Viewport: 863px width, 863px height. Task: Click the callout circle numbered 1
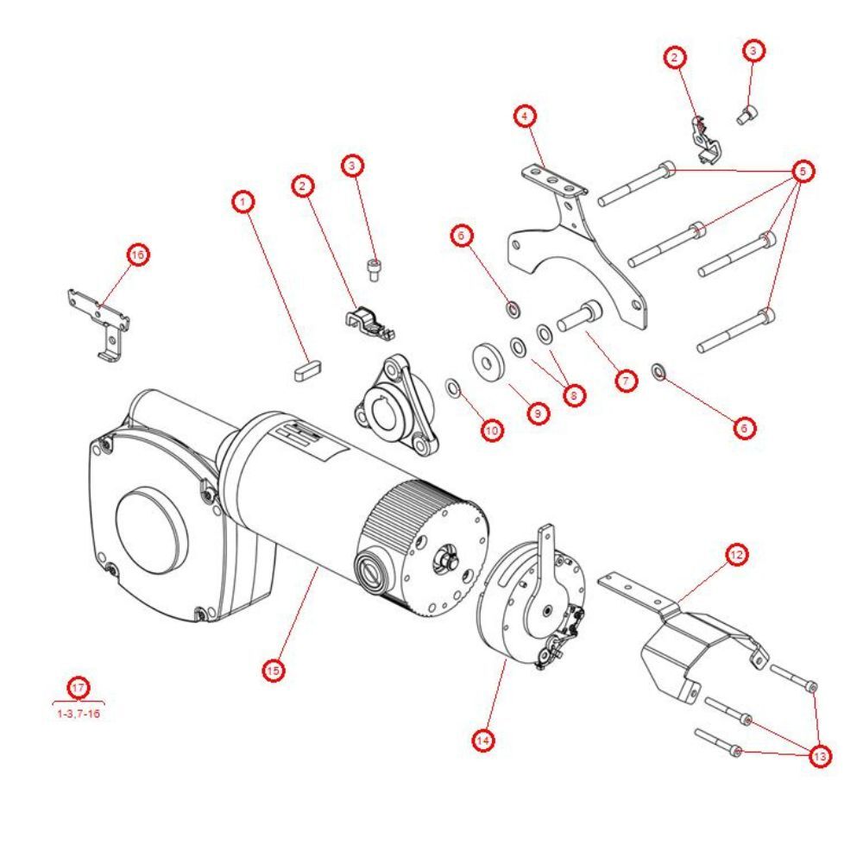click(x=245, y=202)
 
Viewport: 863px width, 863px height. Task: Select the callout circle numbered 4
click(x=525, y=116)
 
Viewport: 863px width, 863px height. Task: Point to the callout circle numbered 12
click(x=736, y=555)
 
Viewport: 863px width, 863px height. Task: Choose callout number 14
click(x=485, y=740)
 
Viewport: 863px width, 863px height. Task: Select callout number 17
click(x=79, y=688)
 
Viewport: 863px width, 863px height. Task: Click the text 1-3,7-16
click(x=79, y=714)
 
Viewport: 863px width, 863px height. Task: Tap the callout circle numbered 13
click(x=820, y=756)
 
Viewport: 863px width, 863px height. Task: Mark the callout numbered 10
click(x=492, y=430)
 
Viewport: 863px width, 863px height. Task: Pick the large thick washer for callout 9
click(x=488, y=360)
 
